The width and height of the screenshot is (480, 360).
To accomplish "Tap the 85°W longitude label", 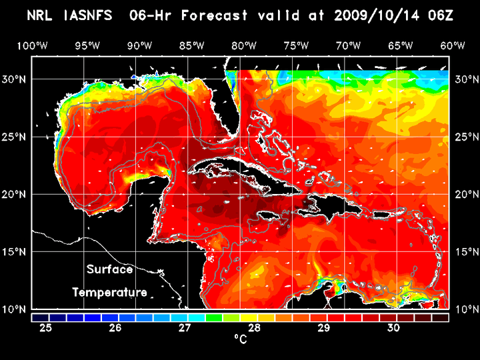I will [191, 45].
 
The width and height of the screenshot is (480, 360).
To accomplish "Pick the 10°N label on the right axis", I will [465, 309].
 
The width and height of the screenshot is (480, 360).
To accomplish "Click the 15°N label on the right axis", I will [465, 252].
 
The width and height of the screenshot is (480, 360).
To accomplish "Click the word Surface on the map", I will [109, 270].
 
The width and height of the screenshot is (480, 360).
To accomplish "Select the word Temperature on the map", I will [109, 292].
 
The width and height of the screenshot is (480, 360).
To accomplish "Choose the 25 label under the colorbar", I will [46, 327].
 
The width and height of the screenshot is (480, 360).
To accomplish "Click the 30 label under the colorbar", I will [393, 327].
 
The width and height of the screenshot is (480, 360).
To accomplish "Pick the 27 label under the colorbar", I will [185, 327].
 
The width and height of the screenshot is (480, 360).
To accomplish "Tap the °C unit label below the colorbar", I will [240, 340].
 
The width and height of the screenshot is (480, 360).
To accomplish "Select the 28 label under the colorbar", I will [254, 327].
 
